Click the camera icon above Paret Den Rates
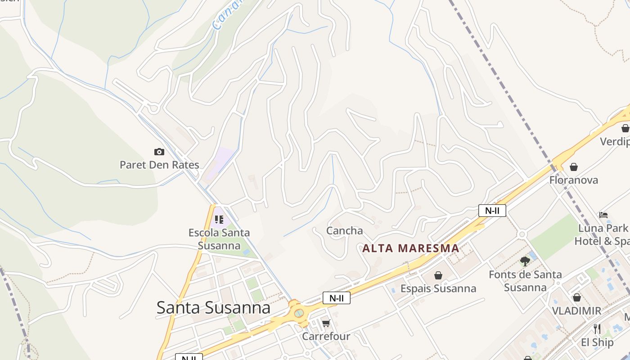coord(159,152)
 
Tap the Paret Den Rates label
coord(159,165)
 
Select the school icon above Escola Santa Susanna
coord(219,220)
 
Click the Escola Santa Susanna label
coord(219,239)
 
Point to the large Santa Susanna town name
coord(213,308)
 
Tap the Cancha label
coord(344,231)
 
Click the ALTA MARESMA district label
coord(410,248)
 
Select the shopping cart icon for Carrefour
coord(326,323)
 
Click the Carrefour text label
coord(326,336)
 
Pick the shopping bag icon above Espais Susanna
coord(438,275)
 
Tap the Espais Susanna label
coord(438,288)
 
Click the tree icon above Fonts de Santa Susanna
coord(525,261)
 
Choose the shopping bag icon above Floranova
coord(574,167)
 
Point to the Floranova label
coord(574,180)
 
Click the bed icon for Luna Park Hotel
coord(603,215)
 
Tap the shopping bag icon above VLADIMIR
coord(577,297)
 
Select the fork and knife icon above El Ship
coord(597,329)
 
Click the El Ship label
coord(597,342)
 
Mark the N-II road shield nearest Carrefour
coord(337,298)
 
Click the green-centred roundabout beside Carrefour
coord(299,313)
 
